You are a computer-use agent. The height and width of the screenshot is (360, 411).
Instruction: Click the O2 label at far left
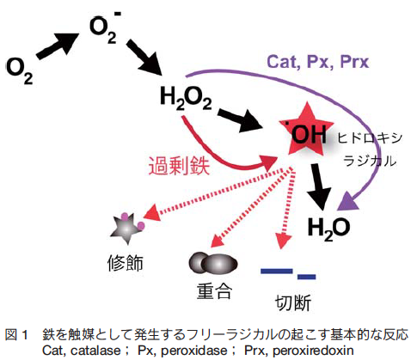click(20, 71)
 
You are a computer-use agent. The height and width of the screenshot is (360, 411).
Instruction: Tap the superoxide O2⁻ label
click(105, 27)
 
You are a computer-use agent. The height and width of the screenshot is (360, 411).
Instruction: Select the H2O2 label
click(186, 99)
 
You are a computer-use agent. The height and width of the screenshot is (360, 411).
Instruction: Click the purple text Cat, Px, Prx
click(318, 62)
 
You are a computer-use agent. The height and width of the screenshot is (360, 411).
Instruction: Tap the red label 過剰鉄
click(179, 166)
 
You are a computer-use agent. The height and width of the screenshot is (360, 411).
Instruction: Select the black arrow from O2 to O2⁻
click(58, 46)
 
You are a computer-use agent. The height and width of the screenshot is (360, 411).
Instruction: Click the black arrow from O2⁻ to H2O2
click(144, 58)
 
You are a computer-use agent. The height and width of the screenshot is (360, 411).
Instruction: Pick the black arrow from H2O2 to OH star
click(240, 119)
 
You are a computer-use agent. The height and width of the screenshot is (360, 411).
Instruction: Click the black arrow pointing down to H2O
click(320, 186)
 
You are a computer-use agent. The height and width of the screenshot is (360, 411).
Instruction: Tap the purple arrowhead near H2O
click(347, 201)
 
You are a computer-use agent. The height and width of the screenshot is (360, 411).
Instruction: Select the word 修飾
click(126, 263)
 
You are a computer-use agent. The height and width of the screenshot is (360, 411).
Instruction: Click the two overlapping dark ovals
click(213, 263)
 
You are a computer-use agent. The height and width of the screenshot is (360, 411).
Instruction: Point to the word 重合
click(214, 291)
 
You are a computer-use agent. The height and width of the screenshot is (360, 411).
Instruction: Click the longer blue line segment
click(276, 271)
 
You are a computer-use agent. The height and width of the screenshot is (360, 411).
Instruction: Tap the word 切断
click(293, 302)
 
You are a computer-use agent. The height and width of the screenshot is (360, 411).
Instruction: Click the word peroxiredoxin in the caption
click(313, 351)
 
